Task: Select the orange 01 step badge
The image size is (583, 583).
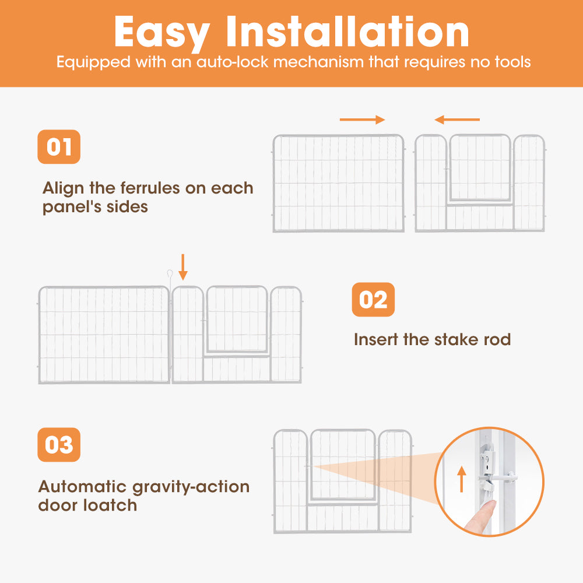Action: point(59,146)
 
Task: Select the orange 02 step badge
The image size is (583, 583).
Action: point(373,300)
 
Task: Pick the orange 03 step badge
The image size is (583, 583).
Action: point(59,445)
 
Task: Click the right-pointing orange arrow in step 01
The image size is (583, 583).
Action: point(362,120)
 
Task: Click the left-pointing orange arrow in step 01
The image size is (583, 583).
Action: point(457,120)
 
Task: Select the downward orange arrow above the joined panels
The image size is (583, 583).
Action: point(183,266)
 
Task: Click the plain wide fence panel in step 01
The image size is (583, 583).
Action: point(338,183)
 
